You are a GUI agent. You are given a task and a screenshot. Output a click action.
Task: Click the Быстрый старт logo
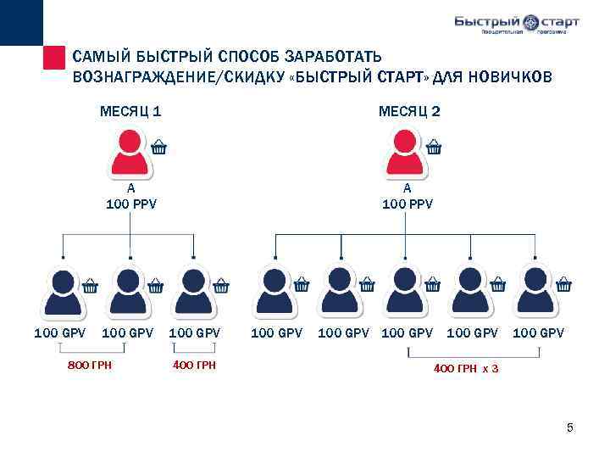(515, 23)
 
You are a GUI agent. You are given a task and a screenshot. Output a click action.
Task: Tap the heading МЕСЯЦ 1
(130, 111)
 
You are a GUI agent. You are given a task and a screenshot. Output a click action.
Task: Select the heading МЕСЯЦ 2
(409, 111)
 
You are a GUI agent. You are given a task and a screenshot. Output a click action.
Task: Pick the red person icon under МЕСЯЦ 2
(407, 153)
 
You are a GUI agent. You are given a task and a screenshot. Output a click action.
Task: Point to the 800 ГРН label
(91, 365)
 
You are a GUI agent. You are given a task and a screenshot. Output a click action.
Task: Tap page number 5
(570, 427)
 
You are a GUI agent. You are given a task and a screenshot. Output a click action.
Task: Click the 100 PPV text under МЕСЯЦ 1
(131, 204)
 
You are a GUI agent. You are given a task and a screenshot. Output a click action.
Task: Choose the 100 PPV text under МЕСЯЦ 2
(408, 204)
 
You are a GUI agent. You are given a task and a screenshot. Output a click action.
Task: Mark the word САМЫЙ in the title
(103, 57)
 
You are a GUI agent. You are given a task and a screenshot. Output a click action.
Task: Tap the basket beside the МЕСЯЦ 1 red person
(158, 147)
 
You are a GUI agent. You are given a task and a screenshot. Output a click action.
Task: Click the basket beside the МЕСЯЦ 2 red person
(434, 147)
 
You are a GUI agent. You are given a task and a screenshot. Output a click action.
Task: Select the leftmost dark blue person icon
(64, 291)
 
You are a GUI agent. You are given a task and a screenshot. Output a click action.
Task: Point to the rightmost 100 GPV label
(538, 333)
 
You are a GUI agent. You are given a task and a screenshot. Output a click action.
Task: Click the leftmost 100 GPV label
(59, 333)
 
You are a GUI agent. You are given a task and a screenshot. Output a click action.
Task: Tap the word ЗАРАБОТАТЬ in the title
(336, 57)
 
